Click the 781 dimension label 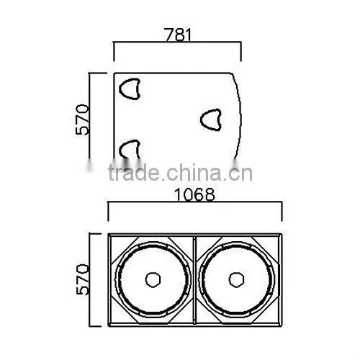pyautogui.click(x=178, y=35)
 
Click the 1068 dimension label pyautogui.click(x=194, y=194)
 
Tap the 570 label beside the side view pyautogui.click(x=82, y=120)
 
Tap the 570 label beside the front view pyautogui.click(x=82, y=279)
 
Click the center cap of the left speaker pyautogui.click(x=153, y=279)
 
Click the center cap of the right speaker pyautogui.click(x=236, y=279)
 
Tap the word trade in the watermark pyautogui.click(x=134, y=172)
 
